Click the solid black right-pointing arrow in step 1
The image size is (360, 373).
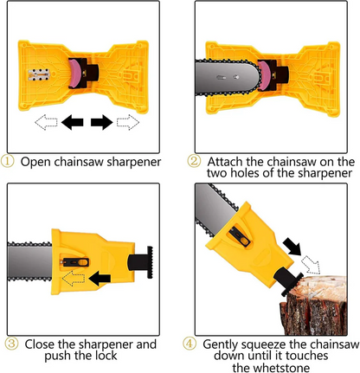[103, 123]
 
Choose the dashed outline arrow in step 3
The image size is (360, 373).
[74, 278]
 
